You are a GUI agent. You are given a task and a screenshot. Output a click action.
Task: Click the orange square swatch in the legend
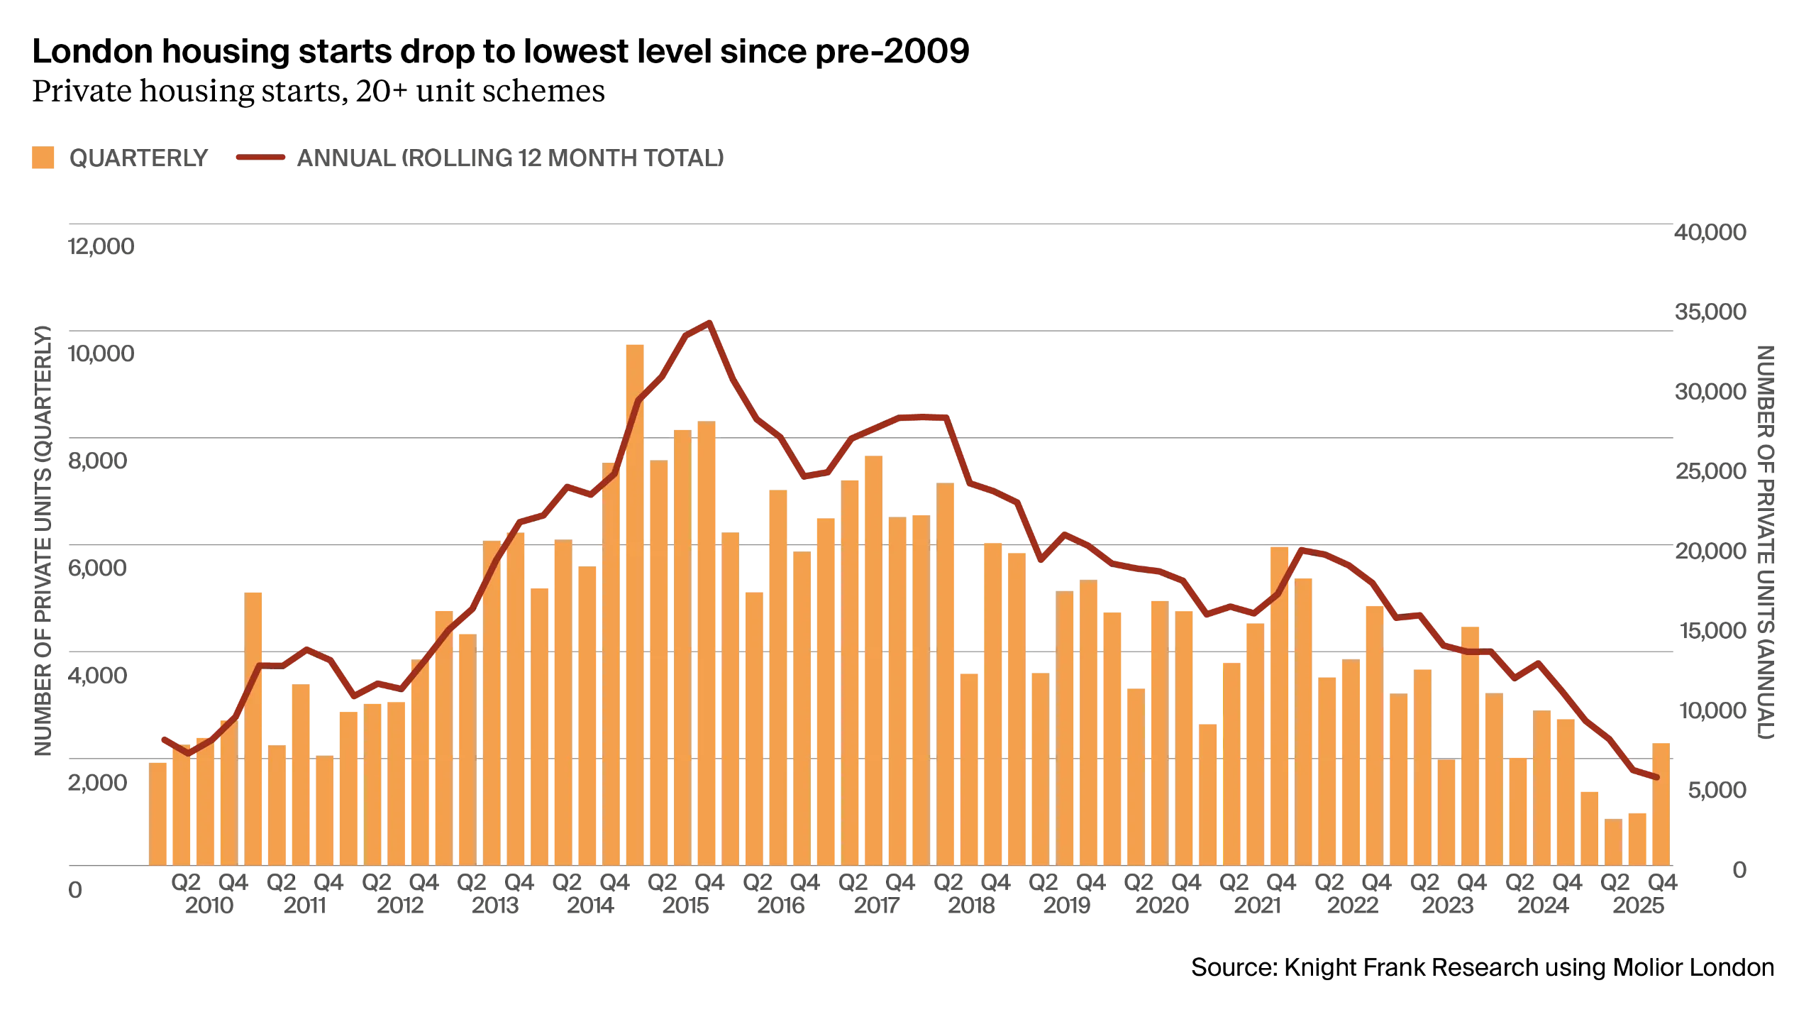43,158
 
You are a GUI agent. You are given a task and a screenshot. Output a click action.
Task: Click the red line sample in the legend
260,158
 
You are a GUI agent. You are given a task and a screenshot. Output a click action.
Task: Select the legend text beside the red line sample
510,159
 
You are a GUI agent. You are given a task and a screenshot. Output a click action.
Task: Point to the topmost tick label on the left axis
101,246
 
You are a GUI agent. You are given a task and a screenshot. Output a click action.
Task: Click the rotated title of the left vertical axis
44,543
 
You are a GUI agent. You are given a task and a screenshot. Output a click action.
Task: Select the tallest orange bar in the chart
635,603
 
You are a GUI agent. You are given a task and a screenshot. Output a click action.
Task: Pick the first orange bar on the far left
157,813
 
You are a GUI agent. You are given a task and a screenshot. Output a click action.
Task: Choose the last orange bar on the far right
1662,802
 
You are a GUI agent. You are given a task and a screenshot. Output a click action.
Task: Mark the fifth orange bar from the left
254,727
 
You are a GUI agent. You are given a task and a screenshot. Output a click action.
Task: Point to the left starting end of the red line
163,739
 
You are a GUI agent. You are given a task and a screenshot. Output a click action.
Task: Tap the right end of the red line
1656,778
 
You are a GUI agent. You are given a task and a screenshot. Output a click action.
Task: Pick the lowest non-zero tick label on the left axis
101,785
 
